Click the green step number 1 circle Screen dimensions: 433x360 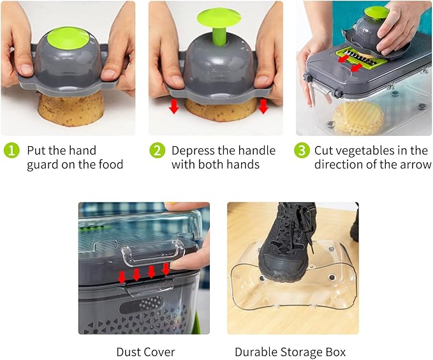tap(11, 151)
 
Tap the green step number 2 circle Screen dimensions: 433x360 tap(157, 151)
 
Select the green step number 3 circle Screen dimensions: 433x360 tap(302, 151)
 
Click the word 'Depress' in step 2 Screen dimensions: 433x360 tap(193, 151)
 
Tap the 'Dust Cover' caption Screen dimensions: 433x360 tap(145, 352)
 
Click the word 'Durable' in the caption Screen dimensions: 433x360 tap(256, 352)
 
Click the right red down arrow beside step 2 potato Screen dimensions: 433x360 tap(263, 107)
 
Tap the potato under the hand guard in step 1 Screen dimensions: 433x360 tap(71, 110)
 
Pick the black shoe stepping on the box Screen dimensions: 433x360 tap(285, 246)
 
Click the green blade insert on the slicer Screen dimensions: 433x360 tap(360, 57)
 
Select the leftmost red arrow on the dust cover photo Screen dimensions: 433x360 tap(122, 277)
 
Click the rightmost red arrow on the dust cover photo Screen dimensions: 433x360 tap(166, 269)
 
